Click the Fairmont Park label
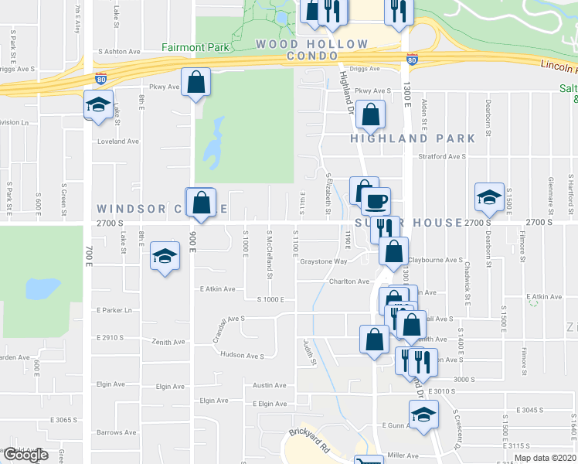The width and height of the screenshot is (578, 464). tap(195, 47)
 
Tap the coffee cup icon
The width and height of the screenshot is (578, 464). tap(376, 201)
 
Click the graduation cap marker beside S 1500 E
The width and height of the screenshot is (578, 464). tap(489, 198)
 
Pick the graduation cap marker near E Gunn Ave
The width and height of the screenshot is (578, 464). tap(423, 416)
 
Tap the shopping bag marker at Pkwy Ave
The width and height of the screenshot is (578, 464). tap(196, 82)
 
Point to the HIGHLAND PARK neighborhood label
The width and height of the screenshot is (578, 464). tap(413, 138)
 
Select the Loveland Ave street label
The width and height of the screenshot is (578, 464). tap(117, 142)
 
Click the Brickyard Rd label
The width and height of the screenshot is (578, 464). tap(310, 436)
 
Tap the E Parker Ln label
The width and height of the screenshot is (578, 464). tap(115, 310)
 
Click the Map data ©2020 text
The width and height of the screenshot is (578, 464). tap(545, 458)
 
